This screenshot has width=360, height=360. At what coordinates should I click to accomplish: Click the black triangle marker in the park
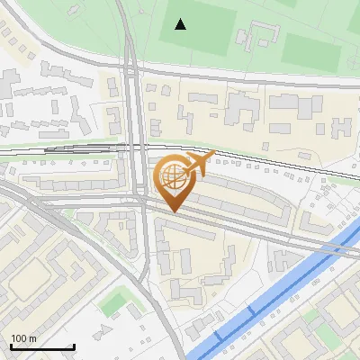click(x=181, y=24)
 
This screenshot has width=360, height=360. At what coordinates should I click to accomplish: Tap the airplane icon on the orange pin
click(x=197, y=163)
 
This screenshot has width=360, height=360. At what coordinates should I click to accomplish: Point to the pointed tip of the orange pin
click(x=173, y=211)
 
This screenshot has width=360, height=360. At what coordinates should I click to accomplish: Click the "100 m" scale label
click(x=24, y=339)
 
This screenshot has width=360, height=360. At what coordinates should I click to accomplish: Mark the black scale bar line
click(x=42, y=347)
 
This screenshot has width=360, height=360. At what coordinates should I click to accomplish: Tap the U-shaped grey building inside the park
click(x=257, y=36)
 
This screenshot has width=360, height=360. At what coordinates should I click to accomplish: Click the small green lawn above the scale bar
click(x=113, y=301)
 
